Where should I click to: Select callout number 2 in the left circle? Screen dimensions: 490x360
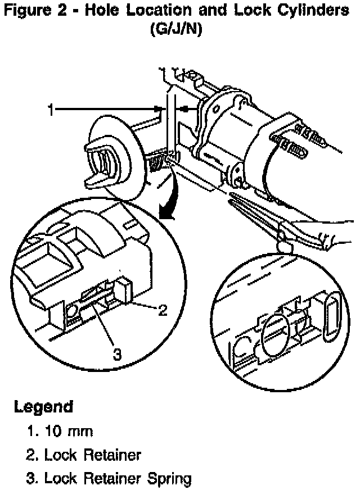tap(163, 311)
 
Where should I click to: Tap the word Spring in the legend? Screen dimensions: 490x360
tap(168, 479)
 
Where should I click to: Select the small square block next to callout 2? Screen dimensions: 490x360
tap(124, 291)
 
